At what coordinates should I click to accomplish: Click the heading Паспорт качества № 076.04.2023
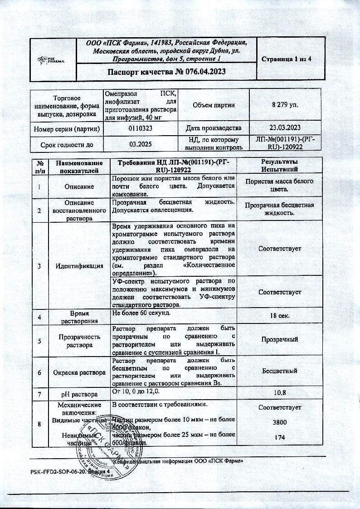[x=166, y=72]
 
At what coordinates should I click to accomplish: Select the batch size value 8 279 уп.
[x=279, y=105]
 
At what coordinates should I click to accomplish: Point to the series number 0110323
[x=140, y=128]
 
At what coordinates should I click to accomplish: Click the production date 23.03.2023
[x=279, y=128]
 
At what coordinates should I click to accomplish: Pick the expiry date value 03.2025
[x=140, y=144]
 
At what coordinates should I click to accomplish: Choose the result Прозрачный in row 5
[x=279, y=339]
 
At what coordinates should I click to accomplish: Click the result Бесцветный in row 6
[x=279, y=371]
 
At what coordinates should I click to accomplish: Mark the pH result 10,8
[x=279, y=392]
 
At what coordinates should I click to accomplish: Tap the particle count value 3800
[x=279, y=422]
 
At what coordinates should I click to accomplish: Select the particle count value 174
[x=279, y=438]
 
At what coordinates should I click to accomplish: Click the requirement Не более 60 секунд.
[x=141, y=313]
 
